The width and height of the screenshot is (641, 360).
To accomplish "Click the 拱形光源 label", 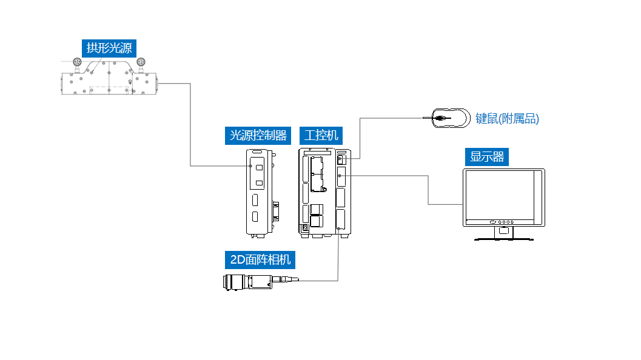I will click(109, 48).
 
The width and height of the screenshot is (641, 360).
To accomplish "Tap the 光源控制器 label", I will click(257, 135).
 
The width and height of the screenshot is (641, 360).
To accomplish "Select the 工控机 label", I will click(321, 135).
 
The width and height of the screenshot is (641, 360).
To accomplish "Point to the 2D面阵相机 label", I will click(260, 261).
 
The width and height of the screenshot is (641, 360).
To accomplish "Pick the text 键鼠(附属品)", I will click(507, 119).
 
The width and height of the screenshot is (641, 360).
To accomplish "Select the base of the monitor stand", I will click(503, 239).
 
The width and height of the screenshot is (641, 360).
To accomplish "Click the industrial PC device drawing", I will click(324, 192).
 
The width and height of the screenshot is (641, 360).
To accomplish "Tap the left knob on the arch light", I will click(77, 62).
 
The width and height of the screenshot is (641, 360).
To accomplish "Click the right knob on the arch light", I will click(141, 62).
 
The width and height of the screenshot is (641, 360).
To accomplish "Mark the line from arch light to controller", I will click(190, 127).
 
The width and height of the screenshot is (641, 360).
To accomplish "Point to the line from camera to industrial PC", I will click(338, 261).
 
